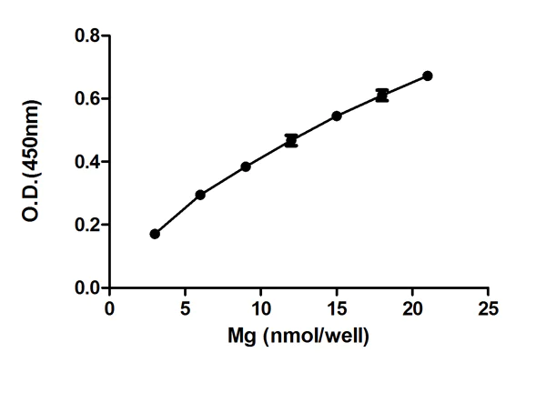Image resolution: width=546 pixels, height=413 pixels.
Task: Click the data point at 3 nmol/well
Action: pos(155,234)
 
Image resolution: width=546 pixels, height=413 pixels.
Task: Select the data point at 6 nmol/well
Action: pos(200,195)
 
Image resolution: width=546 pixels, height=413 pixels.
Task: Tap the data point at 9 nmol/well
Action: pos(246,166)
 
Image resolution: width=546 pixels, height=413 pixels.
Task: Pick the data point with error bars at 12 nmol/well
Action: pos(291,141)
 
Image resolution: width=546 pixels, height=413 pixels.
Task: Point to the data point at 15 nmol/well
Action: pos(337,116)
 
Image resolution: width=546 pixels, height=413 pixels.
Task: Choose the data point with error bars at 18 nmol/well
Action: pos(382,96)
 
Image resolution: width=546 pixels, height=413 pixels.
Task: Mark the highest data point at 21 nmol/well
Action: pos(428,76)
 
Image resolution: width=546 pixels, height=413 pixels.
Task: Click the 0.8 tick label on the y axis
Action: pos(87,35)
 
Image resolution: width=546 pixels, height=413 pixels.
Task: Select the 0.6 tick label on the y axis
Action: pos(87,98)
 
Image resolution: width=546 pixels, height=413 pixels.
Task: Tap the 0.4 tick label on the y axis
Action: pos(87,162)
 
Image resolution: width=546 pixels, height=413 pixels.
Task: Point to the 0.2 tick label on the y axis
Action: pos(87,225)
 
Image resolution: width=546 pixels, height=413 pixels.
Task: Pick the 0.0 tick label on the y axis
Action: pos(87,288)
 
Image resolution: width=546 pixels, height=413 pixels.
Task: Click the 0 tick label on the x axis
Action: pos(110,308)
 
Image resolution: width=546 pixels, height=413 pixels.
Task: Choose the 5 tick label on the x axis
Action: pos(186,308)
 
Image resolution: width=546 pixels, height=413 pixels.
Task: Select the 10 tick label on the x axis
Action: pos(261,308)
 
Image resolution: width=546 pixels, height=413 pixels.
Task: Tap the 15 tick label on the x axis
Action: pos(337,308)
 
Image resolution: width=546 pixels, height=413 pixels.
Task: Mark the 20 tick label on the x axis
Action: pos(412,308)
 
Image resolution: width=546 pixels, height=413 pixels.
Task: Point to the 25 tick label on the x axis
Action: pos(488,308)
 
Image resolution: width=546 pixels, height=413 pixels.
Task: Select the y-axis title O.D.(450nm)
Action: pos(31,161)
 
